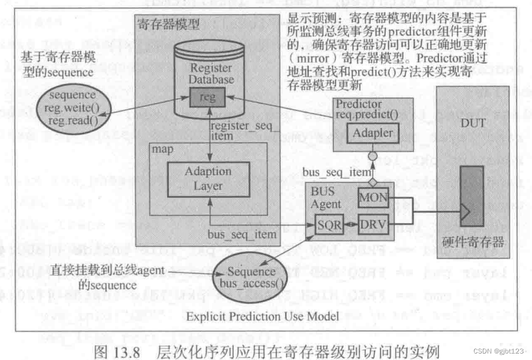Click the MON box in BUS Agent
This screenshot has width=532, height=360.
click(374, 199)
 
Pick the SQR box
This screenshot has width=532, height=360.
click(329, 224)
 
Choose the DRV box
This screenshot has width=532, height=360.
click(374, 224)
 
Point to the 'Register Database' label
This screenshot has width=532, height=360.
click(212, 74)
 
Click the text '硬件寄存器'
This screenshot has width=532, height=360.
click(473, 243)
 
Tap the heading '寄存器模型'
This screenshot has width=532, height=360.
click(168, 24)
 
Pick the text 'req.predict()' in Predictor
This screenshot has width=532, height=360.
click(366, 115)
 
